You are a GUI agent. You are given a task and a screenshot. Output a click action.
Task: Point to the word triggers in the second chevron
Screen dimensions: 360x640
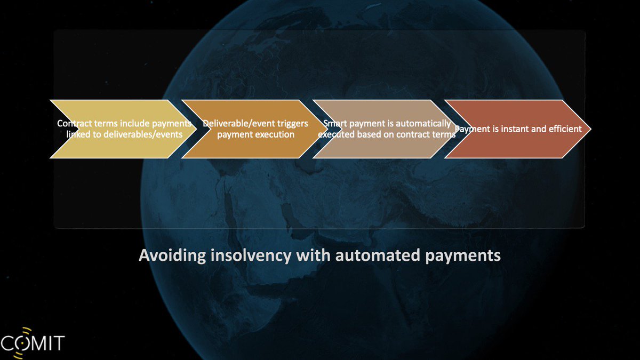tap(292, 123)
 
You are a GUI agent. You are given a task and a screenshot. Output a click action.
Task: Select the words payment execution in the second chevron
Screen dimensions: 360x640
tap(255, 134)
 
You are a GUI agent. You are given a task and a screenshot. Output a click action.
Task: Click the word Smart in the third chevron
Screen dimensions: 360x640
tap(335, 123)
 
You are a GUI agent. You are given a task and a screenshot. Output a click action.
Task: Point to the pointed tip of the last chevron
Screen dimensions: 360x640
tap(589, 129)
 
